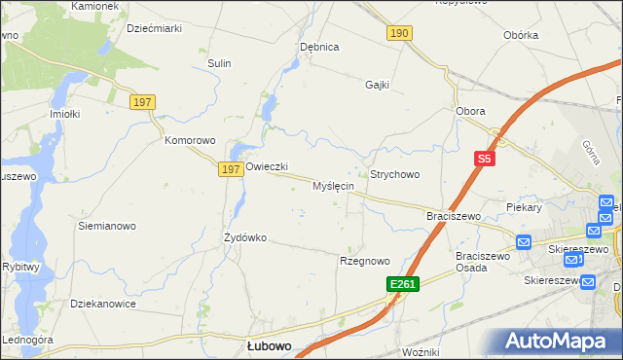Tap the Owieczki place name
[267, 166]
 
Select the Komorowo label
[189, 140]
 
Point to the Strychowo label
[394, 174]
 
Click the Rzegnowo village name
[364, 261]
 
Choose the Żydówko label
[245, 236]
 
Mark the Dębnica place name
[319, 47]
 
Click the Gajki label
[378, 85]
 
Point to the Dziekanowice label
[103, 304]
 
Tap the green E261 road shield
[401, 283]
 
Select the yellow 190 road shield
[399, 34]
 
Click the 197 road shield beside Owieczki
[230, 169]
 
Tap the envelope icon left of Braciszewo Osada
[523, 242]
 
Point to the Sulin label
[219, 63]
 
